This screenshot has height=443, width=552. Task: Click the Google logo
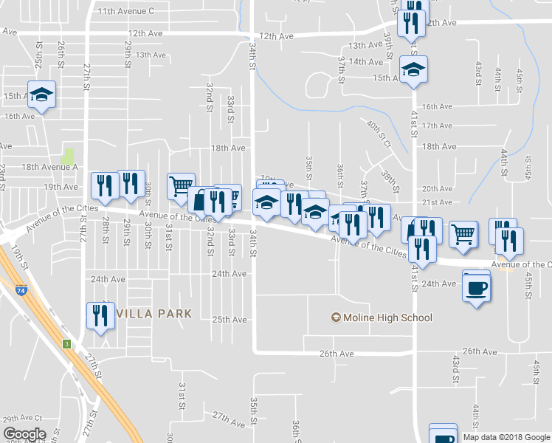[x=24, y=434]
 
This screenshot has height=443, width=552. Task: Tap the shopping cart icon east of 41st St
[x=463, y=234]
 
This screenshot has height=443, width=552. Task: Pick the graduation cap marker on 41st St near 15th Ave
[x=414, y=70]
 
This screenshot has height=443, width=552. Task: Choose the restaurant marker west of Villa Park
[x=99, y=315]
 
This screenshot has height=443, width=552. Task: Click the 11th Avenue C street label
[x=125, y=11]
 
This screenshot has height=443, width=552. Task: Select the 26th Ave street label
[x=337, y=354]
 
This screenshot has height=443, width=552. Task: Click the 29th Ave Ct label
[x=22, y=419]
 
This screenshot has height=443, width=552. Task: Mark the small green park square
[x=69, y=157]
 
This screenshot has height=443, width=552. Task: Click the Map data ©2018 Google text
[x=506, y=437]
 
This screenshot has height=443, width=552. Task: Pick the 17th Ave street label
[x=438, y=126]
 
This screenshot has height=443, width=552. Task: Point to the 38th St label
[x=388, y=179]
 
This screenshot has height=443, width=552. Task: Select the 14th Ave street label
[x=367, y=61]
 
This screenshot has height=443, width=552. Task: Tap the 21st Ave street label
[x=437, y=202]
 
